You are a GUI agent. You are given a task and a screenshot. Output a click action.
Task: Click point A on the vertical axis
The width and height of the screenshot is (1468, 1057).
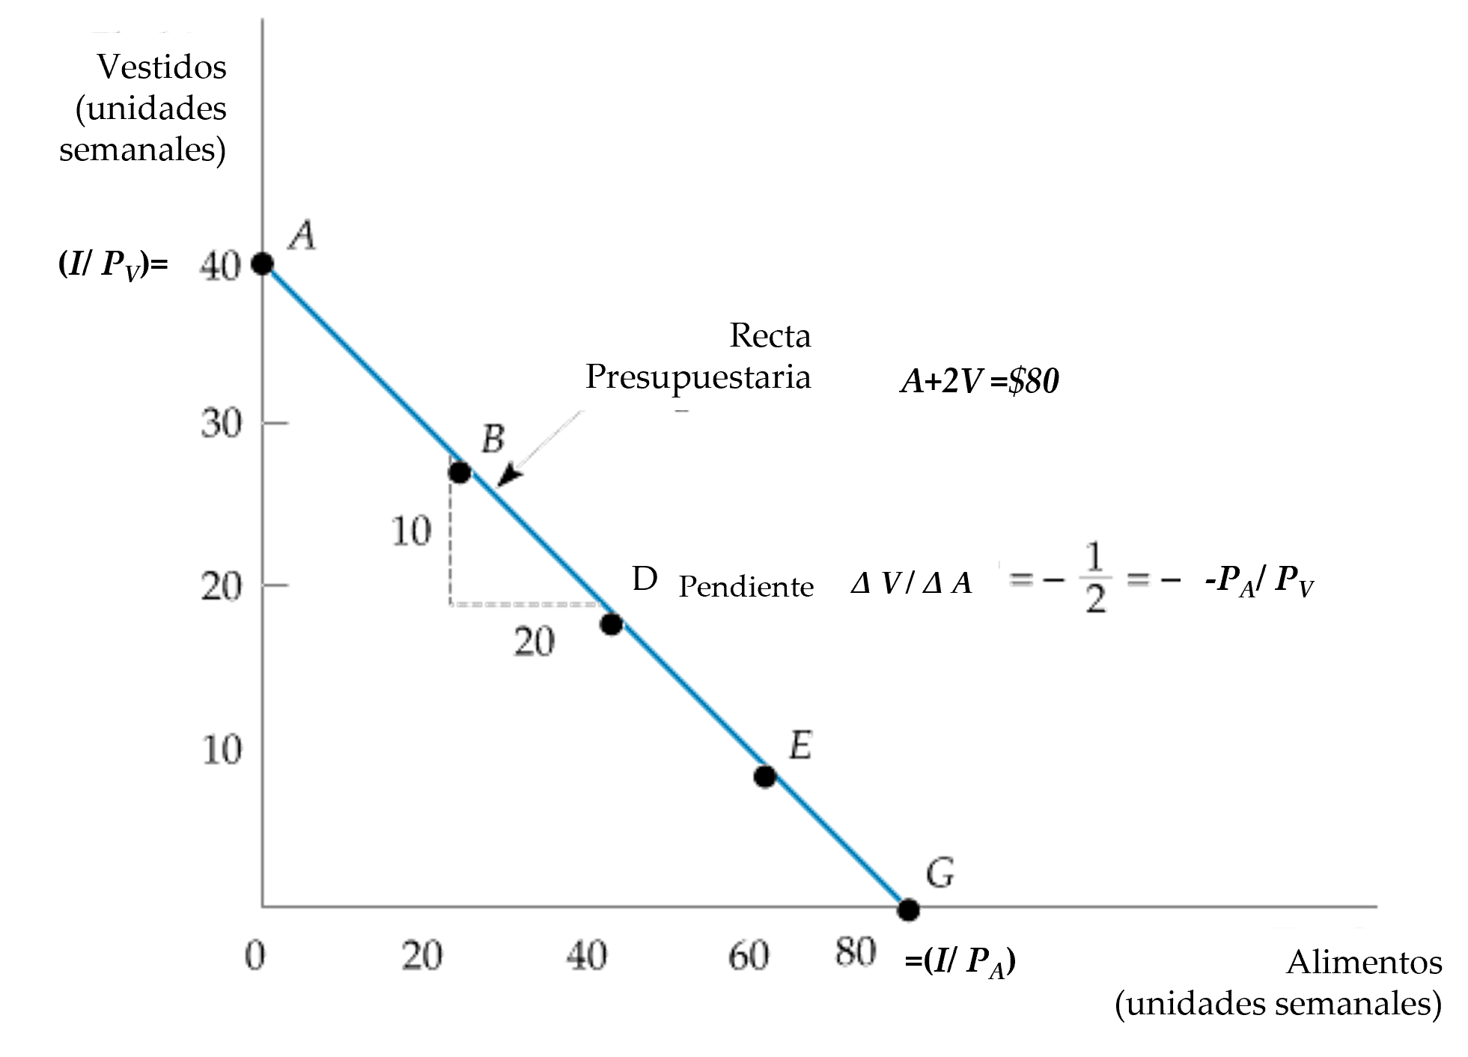pyautogui.click(x=261, y=264)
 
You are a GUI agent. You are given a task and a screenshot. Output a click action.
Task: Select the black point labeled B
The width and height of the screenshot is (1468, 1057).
pyautogui.click(x=459, y=472)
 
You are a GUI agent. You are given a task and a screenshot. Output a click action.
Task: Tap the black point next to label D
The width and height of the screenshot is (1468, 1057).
pyautogui.click(x=612, y=624)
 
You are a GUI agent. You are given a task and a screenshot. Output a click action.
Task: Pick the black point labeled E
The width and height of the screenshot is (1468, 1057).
pyautogui.click(x=764, y=776)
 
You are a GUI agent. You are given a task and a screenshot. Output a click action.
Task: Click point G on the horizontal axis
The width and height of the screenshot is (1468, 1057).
pyautogui.click(x=908, y=910)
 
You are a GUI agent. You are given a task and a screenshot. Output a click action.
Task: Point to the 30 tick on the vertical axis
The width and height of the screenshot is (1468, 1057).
pyautogui.click(x=222, y=424)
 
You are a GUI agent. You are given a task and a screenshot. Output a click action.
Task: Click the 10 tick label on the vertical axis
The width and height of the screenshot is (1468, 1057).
pyautogui.click(x=222, y=749)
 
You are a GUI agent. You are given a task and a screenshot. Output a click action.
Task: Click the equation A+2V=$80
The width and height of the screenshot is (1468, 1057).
pyautogui.click(x=979, y=383)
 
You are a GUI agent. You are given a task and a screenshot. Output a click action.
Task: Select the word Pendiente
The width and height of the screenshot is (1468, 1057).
pyautogui.click(x=746, y=587)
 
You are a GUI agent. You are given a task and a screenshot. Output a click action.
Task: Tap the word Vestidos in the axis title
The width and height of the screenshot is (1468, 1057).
pyautogui.click(x=162, y=67)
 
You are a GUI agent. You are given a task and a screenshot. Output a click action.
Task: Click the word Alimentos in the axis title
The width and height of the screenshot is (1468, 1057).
pyautogui.click(x=1364, y=963)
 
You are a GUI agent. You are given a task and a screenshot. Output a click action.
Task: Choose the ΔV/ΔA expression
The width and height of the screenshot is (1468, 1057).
pyautogui.click(x=911, y=582)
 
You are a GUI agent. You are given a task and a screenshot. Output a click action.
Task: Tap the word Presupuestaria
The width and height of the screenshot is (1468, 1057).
pyautogui.click(x=698, y=377)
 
